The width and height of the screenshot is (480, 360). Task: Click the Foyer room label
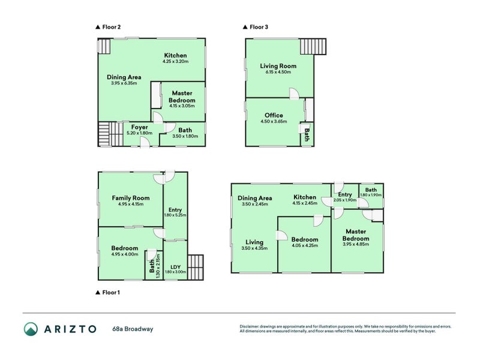tap(140, 127)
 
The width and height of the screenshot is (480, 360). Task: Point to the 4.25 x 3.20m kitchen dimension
tap(175, 61)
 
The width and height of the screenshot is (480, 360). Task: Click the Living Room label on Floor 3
tap(278, 66)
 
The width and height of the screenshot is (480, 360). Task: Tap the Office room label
tap(274, 115)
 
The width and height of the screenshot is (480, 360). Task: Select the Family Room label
tap(131, 198)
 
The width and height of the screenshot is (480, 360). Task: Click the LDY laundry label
tap(175, 267)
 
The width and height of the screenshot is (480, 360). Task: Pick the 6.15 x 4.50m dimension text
tap(278, 72)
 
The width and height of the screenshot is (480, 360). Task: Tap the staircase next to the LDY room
tap(196, 267)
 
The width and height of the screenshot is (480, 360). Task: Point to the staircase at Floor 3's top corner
tap(313, 47)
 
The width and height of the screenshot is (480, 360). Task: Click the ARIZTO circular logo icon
tap(31, 329)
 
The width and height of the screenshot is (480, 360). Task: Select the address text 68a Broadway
tap(133, 329)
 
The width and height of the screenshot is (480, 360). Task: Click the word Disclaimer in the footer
tap(249, 326)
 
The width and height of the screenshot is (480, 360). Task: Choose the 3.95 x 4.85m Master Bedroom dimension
tap(356, 244)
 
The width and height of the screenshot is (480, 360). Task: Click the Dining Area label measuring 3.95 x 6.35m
tap(124, 77)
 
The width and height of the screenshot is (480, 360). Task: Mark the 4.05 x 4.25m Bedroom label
tap(305, 239)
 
